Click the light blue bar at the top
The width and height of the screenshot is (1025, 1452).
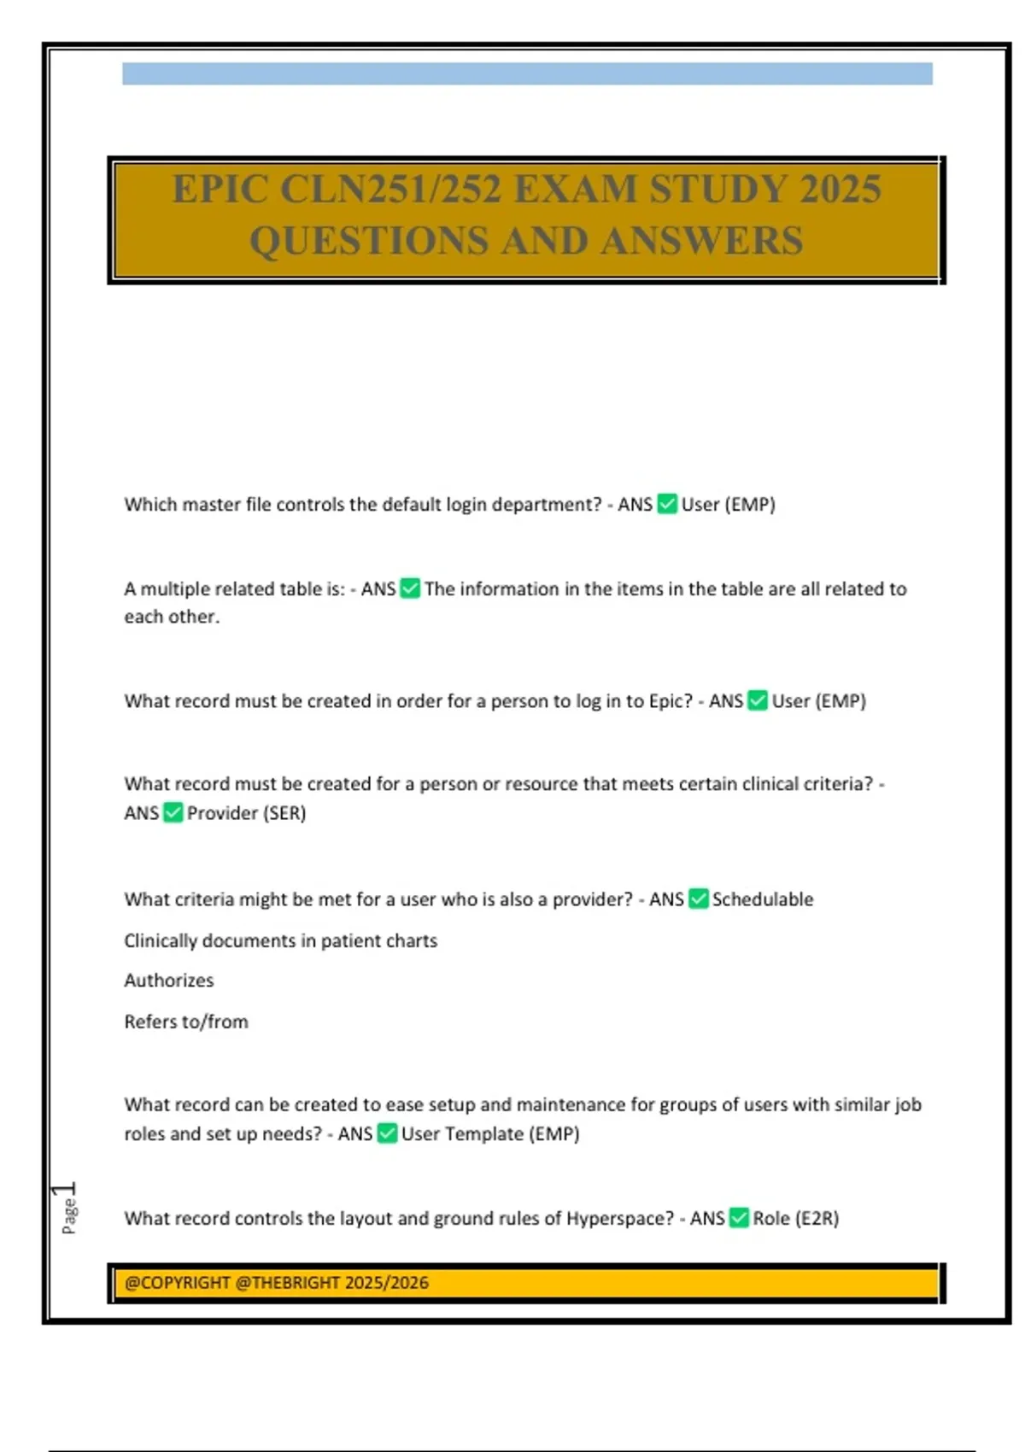click(527, 73)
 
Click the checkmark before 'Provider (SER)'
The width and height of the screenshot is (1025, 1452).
click(173, 812)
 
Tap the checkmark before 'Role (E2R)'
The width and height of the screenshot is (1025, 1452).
click(740, 1218)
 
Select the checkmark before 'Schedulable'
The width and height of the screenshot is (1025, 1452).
click(699, 899)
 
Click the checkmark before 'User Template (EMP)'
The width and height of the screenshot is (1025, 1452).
click(387, 1133)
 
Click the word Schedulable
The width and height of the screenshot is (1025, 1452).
click(763, 899)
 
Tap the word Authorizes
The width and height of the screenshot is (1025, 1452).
click(169, 981)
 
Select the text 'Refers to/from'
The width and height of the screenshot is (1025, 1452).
click(186, 1022)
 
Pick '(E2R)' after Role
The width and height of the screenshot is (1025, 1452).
click(817, 1218)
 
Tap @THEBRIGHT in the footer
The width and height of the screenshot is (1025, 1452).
click(287, 1283)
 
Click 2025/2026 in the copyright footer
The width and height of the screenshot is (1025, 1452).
click(387, 1283)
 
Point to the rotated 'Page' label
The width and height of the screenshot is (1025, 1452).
click(69, 1216)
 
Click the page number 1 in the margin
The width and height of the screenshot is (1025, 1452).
click(64, 1189)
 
